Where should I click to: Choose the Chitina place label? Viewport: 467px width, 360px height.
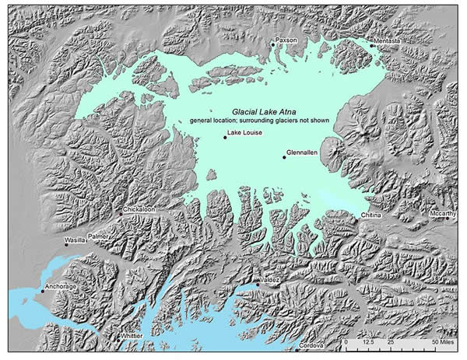pos(371,215)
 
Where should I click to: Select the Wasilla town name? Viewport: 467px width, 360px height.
pos(75,242)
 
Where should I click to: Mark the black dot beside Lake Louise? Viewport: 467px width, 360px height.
pos(223,138)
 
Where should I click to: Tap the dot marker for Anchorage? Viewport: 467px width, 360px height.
pos(42,292)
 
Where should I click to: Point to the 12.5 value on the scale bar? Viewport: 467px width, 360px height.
pos(368,342)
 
